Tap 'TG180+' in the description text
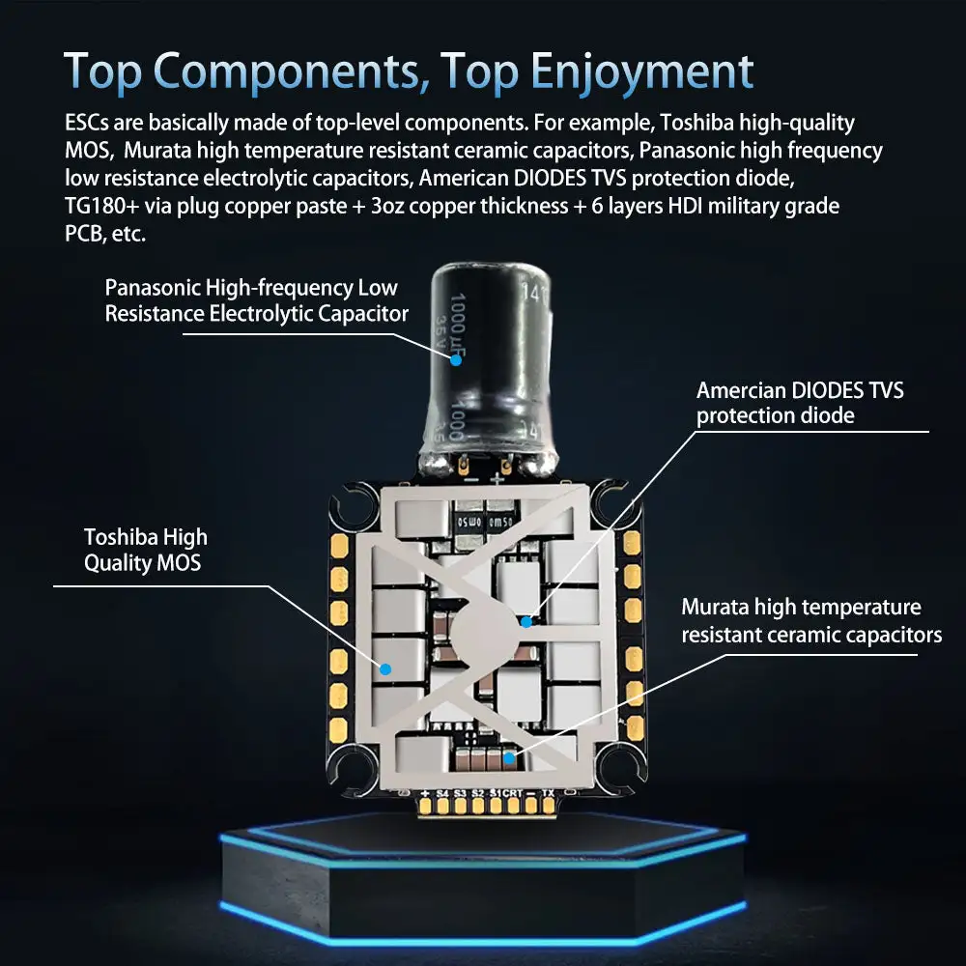[x=101, y=206]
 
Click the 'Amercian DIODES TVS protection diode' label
[x=800, y=403]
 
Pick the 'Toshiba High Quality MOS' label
[x=145, y=550]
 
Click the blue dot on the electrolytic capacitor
[x=455, y=358]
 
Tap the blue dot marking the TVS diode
[x=526, y=621]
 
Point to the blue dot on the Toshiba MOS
[x=385, y=668]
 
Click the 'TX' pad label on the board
[x=548, y=793]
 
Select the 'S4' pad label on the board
[x=443, y=793]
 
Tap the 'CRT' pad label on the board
[x=513, y=793]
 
